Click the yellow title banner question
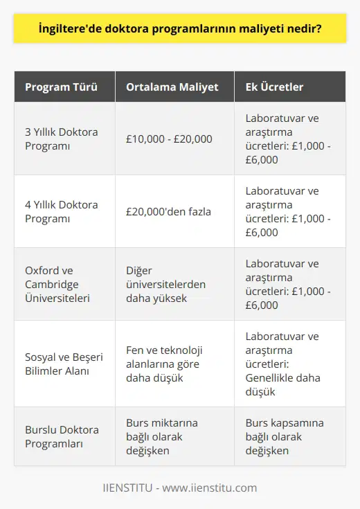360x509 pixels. [x=179, y=30]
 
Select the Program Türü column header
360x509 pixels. [x=61, y=87]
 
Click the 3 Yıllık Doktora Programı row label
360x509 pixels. [x=61, y=139]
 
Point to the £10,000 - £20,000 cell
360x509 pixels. [x=169, y=139]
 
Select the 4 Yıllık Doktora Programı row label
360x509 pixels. [x=61, y=211]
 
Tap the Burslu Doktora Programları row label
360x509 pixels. [x=62, y=436]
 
